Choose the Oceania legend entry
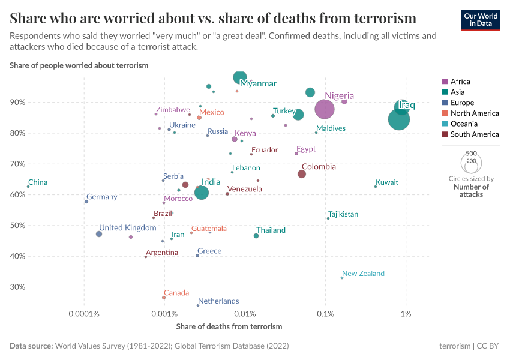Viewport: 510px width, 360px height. tap(464, 124)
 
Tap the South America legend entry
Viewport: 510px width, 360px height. tap(475, 134)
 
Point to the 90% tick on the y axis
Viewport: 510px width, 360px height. tap(17, 103)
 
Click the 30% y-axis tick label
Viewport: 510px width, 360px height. tap(17, 287)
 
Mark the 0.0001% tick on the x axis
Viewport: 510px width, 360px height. tap(84, 314)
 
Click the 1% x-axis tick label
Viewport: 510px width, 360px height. tap(406, 314)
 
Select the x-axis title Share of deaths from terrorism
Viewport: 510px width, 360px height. tap(229, 326)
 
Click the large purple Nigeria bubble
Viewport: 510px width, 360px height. tap(324, 109)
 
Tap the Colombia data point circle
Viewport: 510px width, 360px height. tap(302, 174)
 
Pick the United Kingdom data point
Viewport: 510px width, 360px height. tap(99, 234)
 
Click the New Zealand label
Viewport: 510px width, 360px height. tap(363, 274)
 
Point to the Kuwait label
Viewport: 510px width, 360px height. tap(386, 182)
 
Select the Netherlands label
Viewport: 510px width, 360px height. tap(218, 301)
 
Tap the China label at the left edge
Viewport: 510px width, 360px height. tap(38, 182)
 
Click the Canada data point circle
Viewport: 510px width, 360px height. tap(163, 298)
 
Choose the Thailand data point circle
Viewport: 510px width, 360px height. tap(256, 236)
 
